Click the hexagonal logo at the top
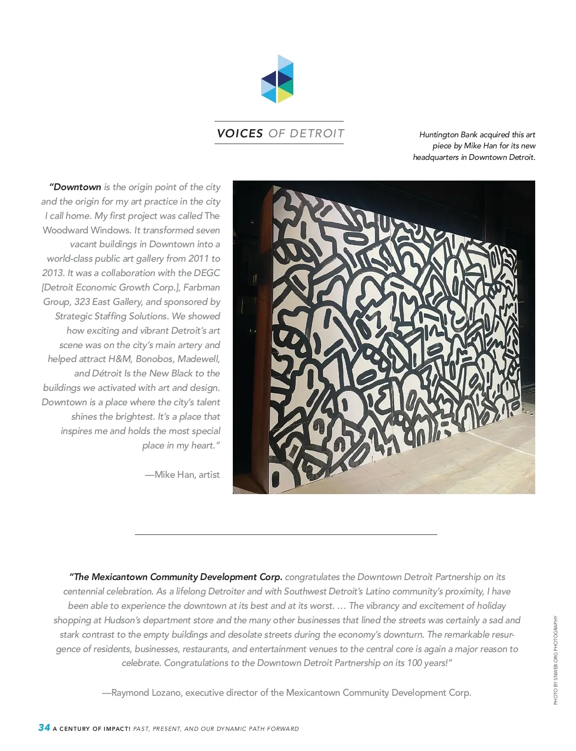tap(277, 79)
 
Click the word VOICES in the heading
tap(240, 133)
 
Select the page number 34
tap(44, 727)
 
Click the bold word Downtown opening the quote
tap(77, 187)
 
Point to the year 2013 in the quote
tap(53, 273)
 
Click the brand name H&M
tap(120, 359)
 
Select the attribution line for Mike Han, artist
tap(182, 474)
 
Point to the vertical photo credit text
tap(556, 660)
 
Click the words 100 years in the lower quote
tap(426, 663)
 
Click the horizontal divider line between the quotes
tap(286, 534)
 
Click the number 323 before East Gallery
tap(82, 302)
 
